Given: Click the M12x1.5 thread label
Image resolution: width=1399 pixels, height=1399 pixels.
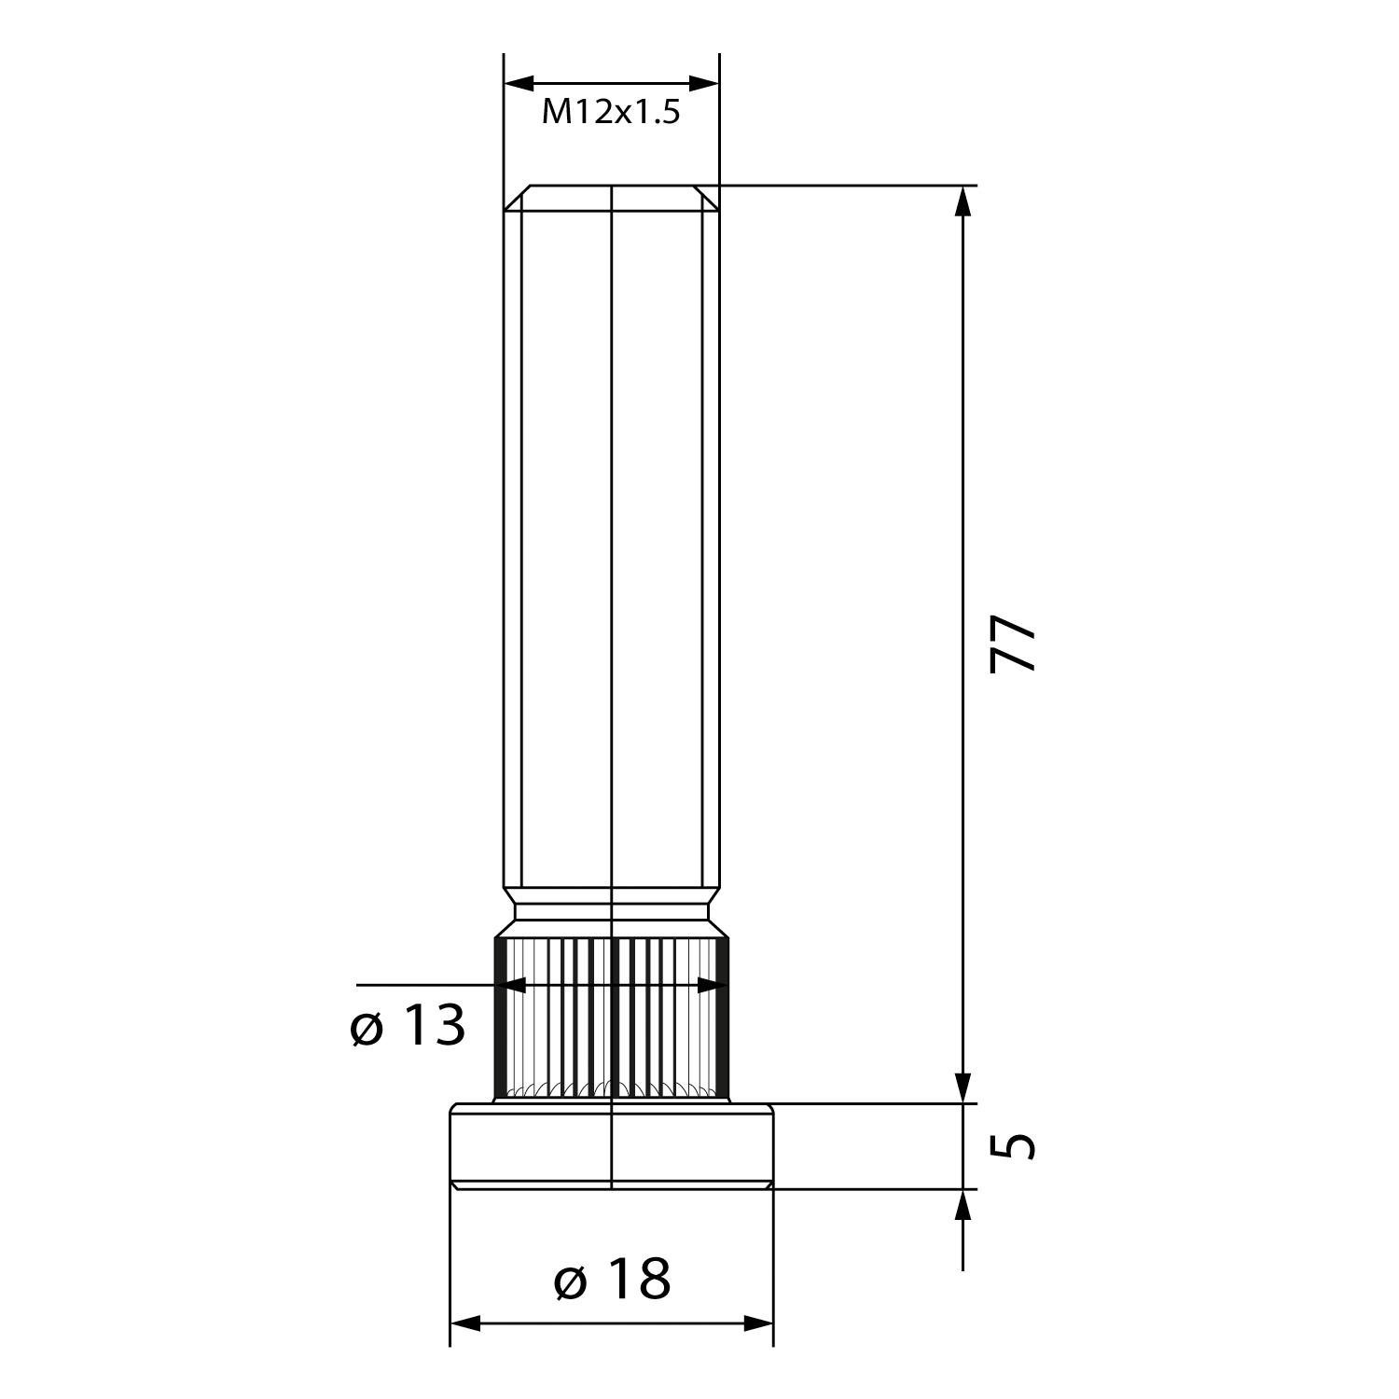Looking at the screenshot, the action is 611,113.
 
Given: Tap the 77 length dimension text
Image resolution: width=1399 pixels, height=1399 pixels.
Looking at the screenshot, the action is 1013,643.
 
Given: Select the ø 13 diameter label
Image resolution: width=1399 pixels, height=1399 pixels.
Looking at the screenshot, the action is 408,1027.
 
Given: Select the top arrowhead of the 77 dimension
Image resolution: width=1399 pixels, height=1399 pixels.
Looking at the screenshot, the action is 963,201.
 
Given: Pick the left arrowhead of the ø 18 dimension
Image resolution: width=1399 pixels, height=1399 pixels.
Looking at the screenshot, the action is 465,1323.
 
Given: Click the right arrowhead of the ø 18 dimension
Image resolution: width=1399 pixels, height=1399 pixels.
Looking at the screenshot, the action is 758,1323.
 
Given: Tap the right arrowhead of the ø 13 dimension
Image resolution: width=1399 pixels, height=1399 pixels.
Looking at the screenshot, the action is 713,984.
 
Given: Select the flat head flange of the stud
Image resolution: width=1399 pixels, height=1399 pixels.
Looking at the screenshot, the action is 612,1146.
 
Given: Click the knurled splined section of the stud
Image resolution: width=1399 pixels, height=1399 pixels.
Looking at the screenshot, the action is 612,1019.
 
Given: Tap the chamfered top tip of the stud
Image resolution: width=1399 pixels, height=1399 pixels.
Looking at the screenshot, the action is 612,198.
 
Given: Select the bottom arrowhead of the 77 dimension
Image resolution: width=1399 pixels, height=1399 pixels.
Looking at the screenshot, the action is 963,1087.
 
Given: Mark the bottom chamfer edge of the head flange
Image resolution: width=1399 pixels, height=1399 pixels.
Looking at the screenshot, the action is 612,1185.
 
